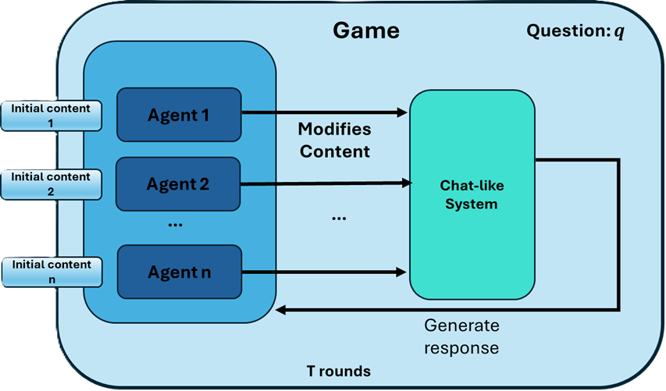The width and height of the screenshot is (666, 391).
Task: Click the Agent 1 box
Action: [178, 115]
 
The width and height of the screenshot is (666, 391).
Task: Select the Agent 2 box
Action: [178, 184]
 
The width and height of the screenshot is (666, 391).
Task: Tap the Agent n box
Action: [178, 273]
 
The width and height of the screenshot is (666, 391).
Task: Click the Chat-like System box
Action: [472, 194]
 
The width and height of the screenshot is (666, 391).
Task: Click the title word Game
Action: [365, 30]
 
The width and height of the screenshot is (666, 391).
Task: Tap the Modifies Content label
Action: [334, 140]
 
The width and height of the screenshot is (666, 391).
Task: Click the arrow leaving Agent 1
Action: [324, 112]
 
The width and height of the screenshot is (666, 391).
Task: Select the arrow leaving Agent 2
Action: [324, 184]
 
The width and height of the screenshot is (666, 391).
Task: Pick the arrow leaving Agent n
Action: [324, 272]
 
